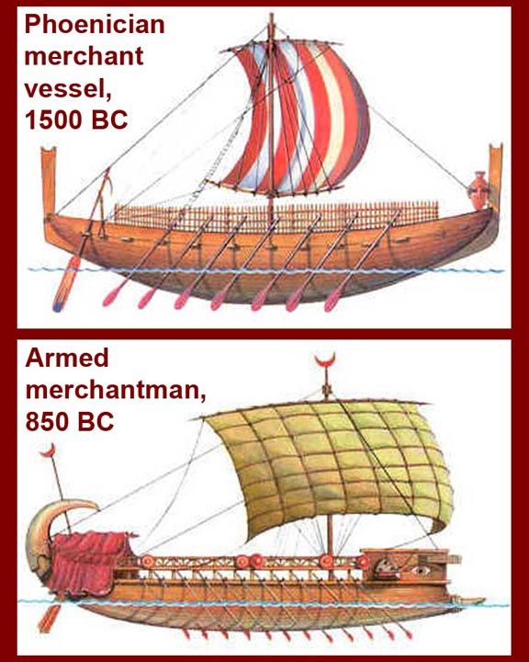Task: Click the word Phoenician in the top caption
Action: click(95, 26)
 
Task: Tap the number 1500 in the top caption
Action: click(51, 120)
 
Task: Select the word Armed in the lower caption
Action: click(67, 358)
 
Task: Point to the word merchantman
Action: click(115, 390)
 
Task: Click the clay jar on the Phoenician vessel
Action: click(478, 190)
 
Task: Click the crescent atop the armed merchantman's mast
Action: click(325, 361)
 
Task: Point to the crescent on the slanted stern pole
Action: click(49, 451)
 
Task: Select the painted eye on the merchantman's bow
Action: click(422, 571)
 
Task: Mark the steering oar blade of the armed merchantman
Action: click(49, 619)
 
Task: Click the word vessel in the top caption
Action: click(67, 88)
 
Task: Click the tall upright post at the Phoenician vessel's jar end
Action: click(496, 177)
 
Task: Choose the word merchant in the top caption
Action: click(84, 57)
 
